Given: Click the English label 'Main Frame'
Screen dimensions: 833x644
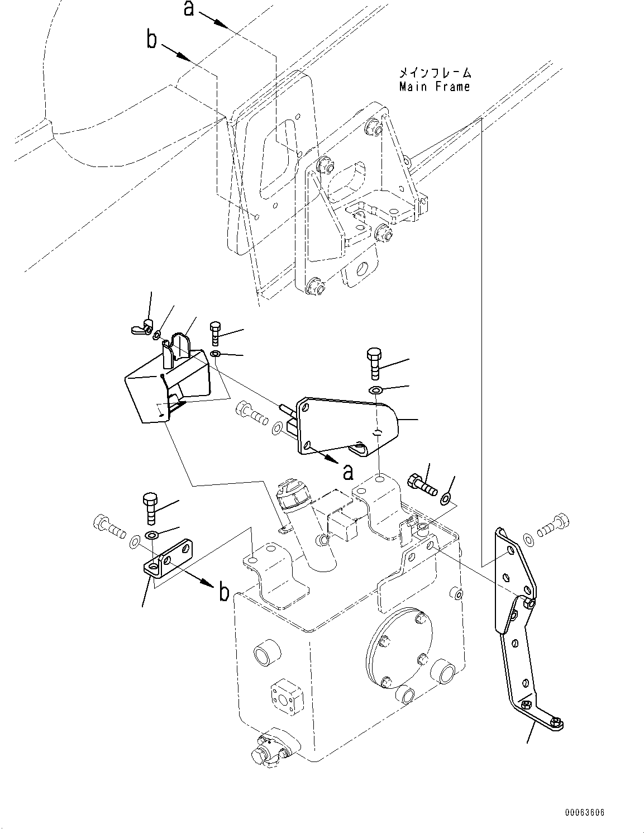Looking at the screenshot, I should pyautogui.click(x=435, y=87).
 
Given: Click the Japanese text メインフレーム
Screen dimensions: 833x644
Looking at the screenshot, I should pyautogui.click(x=435, y=73).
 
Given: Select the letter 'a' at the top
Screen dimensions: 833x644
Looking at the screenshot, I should pyautogui.click(x=189, y=8).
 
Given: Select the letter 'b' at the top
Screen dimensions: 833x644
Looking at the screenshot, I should pyautogui.click(x=151, y=40).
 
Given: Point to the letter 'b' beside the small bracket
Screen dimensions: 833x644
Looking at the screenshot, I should pyautogui.click(x=223, y=592).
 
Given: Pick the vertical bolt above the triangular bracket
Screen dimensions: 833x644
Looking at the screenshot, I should pyautogui.click(x=375, y=363).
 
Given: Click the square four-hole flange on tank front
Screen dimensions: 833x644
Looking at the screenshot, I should pyautogui.click(x=285, y=695).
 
